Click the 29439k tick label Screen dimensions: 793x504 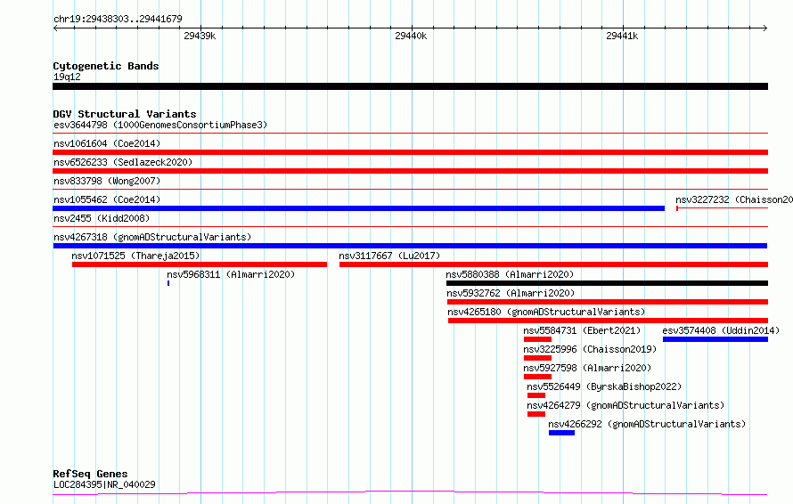[200, 36]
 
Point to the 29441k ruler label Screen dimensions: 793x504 [622, 36]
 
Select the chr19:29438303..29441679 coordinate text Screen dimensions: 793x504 [118, 19]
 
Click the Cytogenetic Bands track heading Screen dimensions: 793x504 [106, 66]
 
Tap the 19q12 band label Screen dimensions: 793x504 [67, 77]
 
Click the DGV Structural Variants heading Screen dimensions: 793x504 [125, 114]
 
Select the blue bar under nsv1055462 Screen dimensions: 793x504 [358, 208]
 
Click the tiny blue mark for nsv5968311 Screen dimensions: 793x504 [168, 283]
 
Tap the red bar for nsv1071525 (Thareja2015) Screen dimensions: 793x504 [200, 264]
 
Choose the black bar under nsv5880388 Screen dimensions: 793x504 [607, 283]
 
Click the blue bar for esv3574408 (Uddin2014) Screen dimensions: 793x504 [715, 339]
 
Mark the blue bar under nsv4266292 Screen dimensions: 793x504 [561, 433]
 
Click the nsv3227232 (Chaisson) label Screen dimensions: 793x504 [734, 199]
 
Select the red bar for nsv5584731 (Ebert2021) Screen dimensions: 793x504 [537, 339]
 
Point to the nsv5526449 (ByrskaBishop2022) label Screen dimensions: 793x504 [604, 386]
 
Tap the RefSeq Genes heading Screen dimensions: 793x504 [90, 474]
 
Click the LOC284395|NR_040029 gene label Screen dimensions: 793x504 [104, 484]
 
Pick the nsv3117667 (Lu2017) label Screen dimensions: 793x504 [389, 256]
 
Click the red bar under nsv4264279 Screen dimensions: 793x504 [536, 414]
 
